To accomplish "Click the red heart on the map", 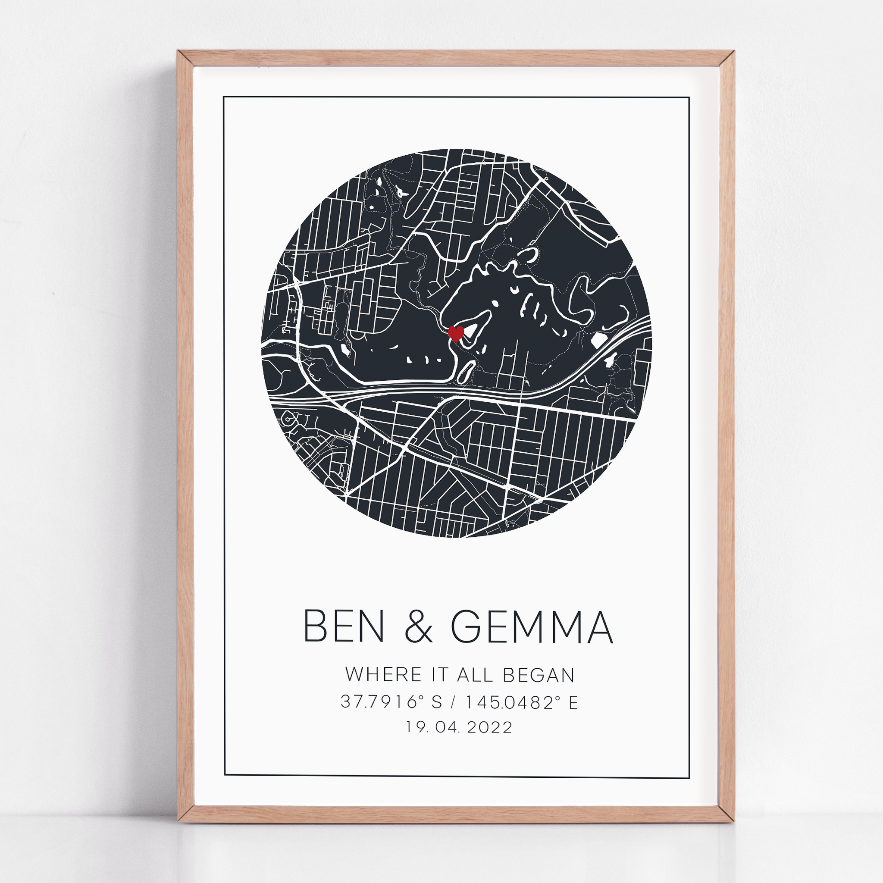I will (x=456, y=333).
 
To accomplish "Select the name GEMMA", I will (x=532, y=627).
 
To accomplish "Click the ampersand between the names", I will (x=418, y=627).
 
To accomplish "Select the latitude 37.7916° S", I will (x=391, y=701).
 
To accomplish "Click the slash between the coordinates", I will (x=454, y=701).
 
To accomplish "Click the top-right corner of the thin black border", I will (x=689, y=98).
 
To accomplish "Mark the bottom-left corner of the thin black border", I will (x=225, y=775).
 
